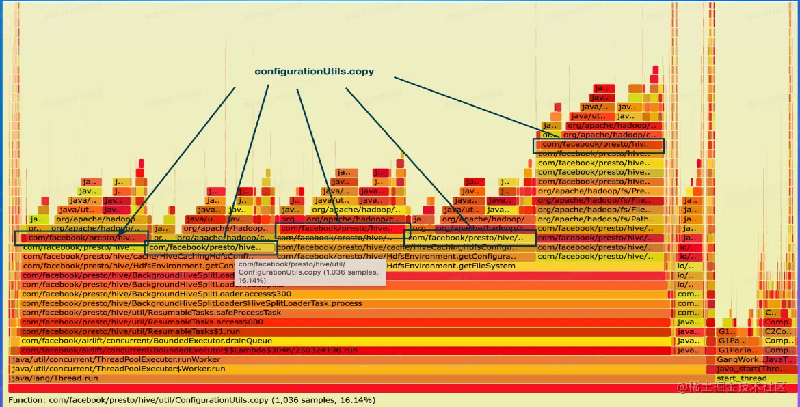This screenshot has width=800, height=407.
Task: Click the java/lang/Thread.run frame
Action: coord(55,378)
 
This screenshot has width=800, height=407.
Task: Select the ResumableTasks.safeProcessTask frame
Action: coord(151,313)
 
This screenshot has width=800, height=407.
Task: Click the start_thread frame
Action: coord(741,378)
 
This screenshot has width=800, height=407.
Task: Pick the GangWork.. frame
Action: coord(738,359)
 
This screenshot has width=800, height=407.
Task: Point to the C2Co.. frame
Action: coord(778,331)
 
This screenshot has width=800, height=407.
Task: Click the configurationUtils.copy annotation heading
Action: coord(314,72)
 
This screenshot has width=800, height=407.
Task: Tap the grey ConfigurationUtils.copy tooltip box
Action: coord(310,272)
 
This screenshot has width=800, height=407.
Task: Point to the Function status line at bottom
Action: coord(191,400)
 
